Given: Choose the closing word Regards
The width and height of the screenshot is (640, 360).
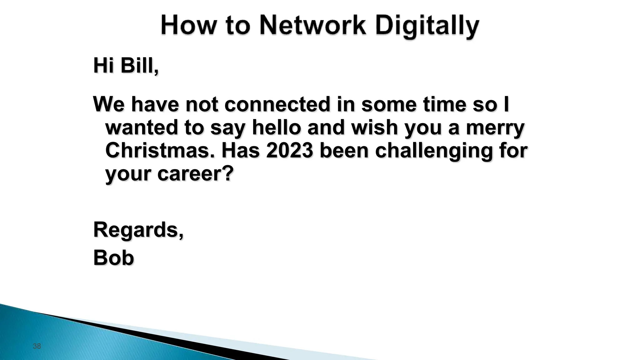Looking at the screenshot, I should [x=137, y=230].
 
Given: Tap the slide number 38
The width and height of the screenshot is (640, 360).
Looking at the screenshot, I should [x=37, y=346].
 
